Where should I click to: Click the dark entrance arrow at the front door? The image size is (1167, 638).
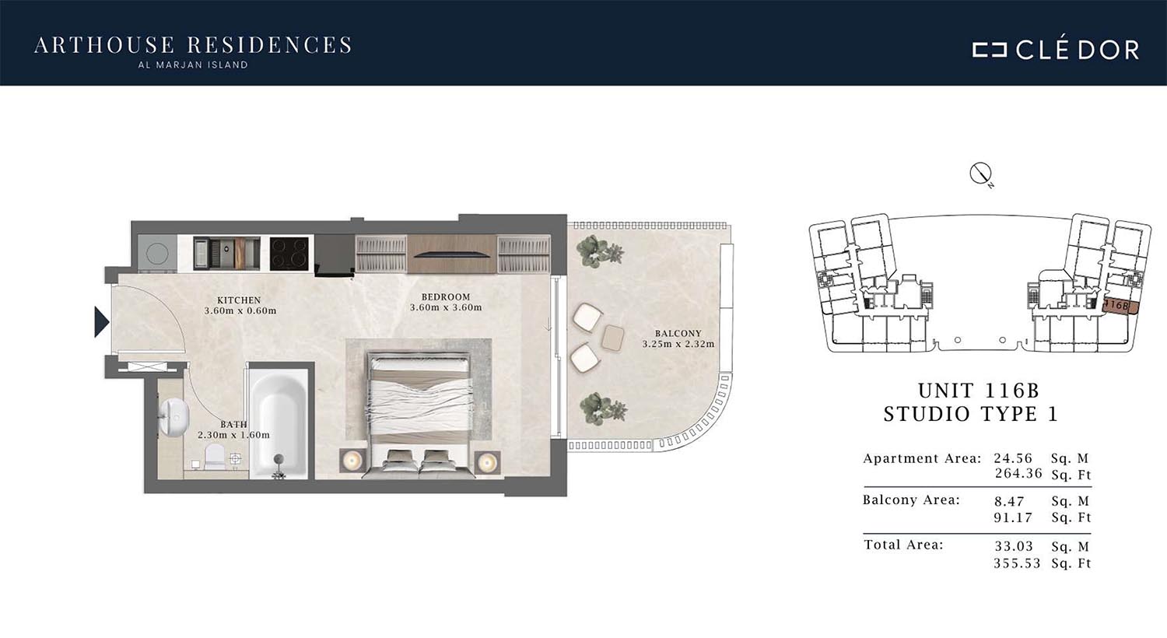pos(101,322)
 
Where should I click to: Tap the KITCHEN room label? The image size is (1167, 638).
pos(239,300)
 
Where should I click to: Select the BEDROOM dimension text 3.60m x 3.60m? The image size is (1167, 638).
pos(446,307)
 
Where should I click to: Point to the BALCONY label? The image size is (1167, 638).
pos(678,333)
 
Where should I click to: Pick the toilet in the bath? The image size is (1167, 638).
pos(214,457)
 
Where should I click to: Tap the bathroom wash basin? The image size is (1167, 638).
pos(173,417)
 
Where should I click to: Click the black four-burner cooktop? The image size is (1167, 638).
pos(289,254)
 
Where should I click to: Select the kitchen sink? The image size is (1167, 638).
pos(226,254)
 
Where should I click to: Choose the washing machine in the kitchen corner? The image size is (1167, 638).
pos(157,253)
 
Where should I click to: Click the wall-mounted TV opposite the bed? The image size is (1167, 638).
pos(451,254)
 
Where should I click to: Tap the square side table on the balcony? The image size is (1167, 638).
pos(613,338)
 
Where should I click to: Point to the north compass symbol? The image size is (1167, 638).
pos(981,174)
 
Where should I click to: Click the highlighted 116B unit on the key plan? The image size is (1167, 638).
pos(1118,306)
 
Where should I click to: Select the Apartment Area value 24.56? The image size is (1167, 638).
pos(1013,458)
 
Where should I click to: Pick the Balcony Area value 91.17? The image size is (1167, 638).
pos(1013,517)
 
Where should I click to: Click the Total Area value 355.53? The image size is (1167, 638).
pos(1017,563)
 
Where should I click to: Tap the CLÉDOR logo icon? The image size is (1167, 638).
pos(990,50)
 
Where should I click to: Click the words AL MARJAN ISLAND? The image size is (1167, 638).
pos(193,65)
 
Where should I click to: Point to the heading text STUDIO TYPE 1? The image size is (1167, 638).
pos(971,414)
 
